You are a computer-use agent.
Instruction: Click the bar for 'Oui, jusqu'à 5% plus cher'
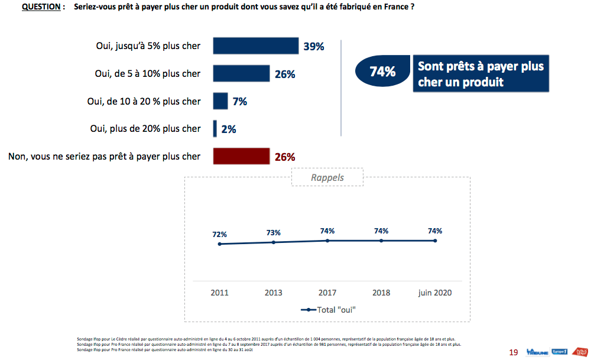(x=255, y=46)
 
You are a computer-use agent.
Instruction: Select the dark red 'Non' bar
(x=241, y=157)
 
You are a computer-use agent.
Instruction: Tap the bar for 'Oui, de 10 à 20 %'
(x=220, y=101)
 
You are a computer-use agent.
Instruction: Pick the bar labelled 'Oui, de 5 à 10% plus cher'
(x=241, y=74)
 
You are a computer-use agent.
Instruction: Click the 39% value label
(x=314, y=47)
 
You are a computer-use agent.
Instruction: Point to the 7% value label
(x=239, y=102)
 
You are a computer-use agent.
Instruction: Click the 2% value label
(x=228, y=129)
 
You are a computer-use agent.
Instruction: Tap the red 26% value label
(x=285, y=157)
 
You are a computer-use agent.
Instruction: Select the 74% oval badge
(x=382, y=72)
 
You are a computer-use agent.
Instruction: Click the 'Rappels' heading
(x=327, y=177)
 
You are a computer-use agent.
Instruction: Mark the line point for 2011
(x=219, y=244)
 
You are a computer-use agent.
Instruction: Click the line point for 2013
(x=274, y=242)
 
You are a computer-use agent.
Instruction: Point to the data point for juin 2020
(x=436, y=241)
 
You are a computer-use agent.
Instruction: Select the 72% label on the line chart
(x=219, y=234)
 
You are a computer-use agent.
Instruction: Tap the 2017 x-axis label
(x=327, y=293)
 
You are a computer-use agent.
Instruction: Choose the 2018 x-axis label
(x=381, y=293)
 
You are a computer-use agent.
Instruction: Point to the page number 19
(x=513, y=352)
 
